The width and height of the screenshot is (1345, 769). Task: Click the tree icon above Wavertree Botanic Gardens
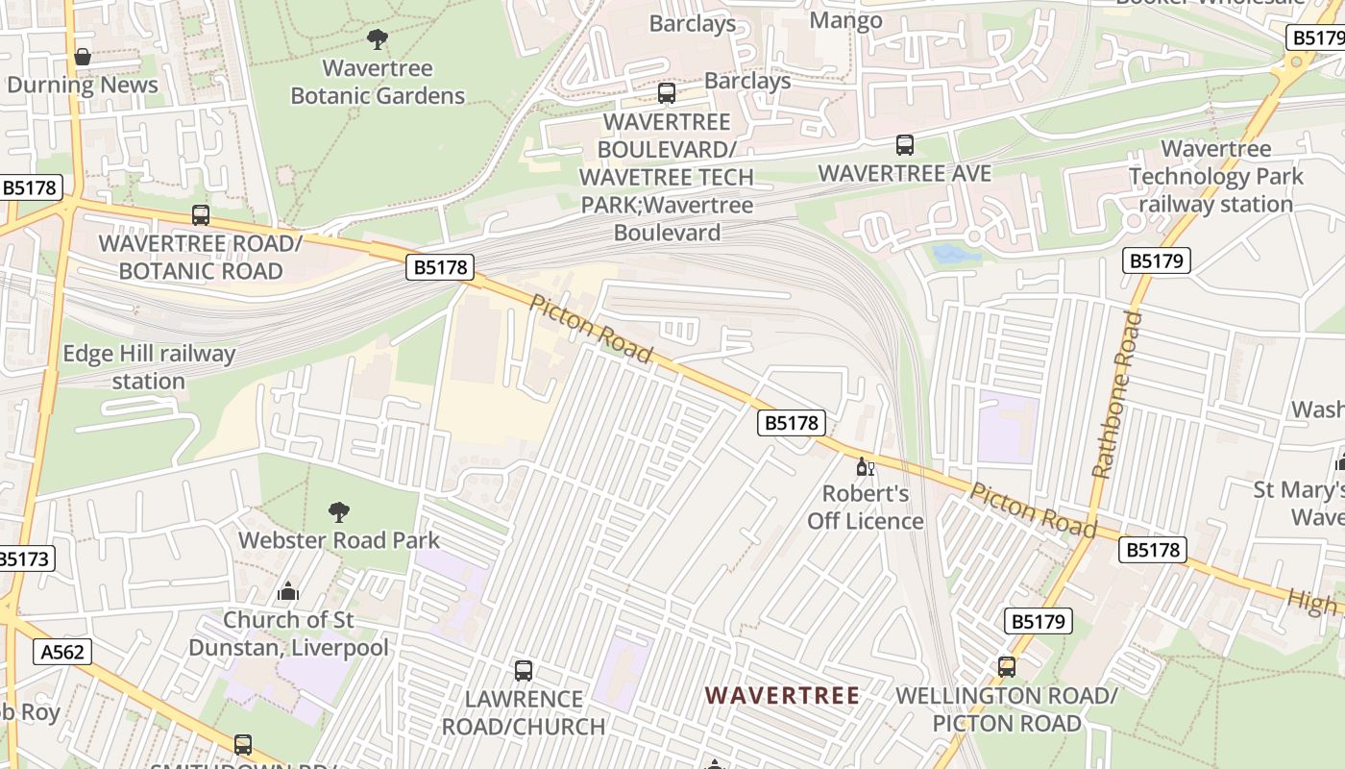(x=378, y=39)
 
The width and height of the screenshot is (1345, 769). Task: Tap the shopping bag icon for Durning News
(x=83, y=58)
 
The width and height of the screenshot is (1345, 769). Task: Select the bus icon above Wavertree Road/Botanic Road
(x=201, y=215)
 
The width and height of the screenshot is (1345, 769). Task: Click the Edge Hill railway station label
(x=148, y=367)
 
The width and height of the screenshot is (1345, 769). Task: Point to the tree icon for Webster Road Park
(x=338, y=511)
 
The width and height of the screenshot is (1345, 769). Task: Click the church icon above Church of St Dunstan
(x=287, y=591)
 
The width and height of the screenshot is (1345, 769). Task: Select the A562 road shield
(x=63, y=652)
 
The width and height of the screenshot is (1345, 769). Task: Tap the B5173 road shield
(x=25, y=558)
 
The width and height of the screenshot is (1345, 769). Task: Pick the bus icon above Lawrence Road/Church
(x=524, y=671)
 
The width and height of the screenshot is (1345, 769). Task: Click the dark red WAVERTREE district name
(x=782, y=695)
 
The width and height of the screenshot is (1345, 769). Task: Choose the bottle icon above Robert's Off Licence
(x=865, y=467)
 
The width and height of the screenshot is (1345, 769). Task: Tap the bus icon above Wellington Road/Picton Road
(x=1007, y=667)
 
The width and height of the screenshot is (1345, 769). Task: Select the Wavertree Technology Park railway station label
(x=1215, y=177)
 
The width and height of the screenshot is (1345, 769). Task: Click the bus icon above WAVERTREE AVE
(x=905, y=145)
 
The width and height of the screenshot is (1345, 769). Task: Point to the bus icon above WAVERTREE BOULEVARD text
(x=667, y=93)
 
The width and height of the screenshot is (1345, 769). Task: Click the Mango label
(x=846, y=20)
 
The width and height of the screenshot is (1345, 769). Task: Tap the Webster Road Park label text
(x=339, y=539)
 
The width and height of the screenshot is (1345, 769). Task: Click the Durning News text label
(x=83, y=86)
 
